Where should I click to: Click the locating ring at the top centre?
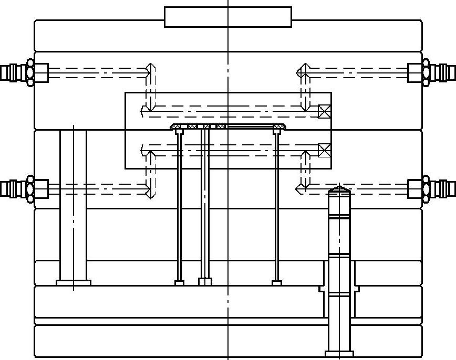pos(228,17)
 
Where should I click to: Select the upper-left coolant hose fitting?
pos(21,72)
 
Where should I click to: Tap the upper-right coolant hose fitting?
pos(434,72)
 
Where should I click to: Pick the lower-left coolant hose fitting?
pos(21,188)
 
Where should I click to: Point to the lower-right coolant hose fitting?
pos(434,188)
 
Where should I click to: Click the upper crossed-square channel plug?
pos(325,111)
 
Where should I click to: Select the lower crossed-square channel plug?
pos(325,151)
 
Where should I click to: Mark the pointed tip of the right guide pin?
pos(339,188)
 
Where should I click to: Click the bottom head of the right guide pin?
pos(339,354)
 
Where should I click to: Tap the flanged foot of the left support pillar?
pos(74,283)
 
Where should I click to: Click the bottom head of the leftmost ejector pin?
pos(180,283)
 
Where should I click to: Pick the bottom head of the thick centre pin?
pos(205,282)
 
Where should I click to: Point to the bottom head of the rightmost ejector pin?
pos(277,283)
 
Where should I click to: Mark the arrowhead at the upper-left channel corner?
pos(151,68)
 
